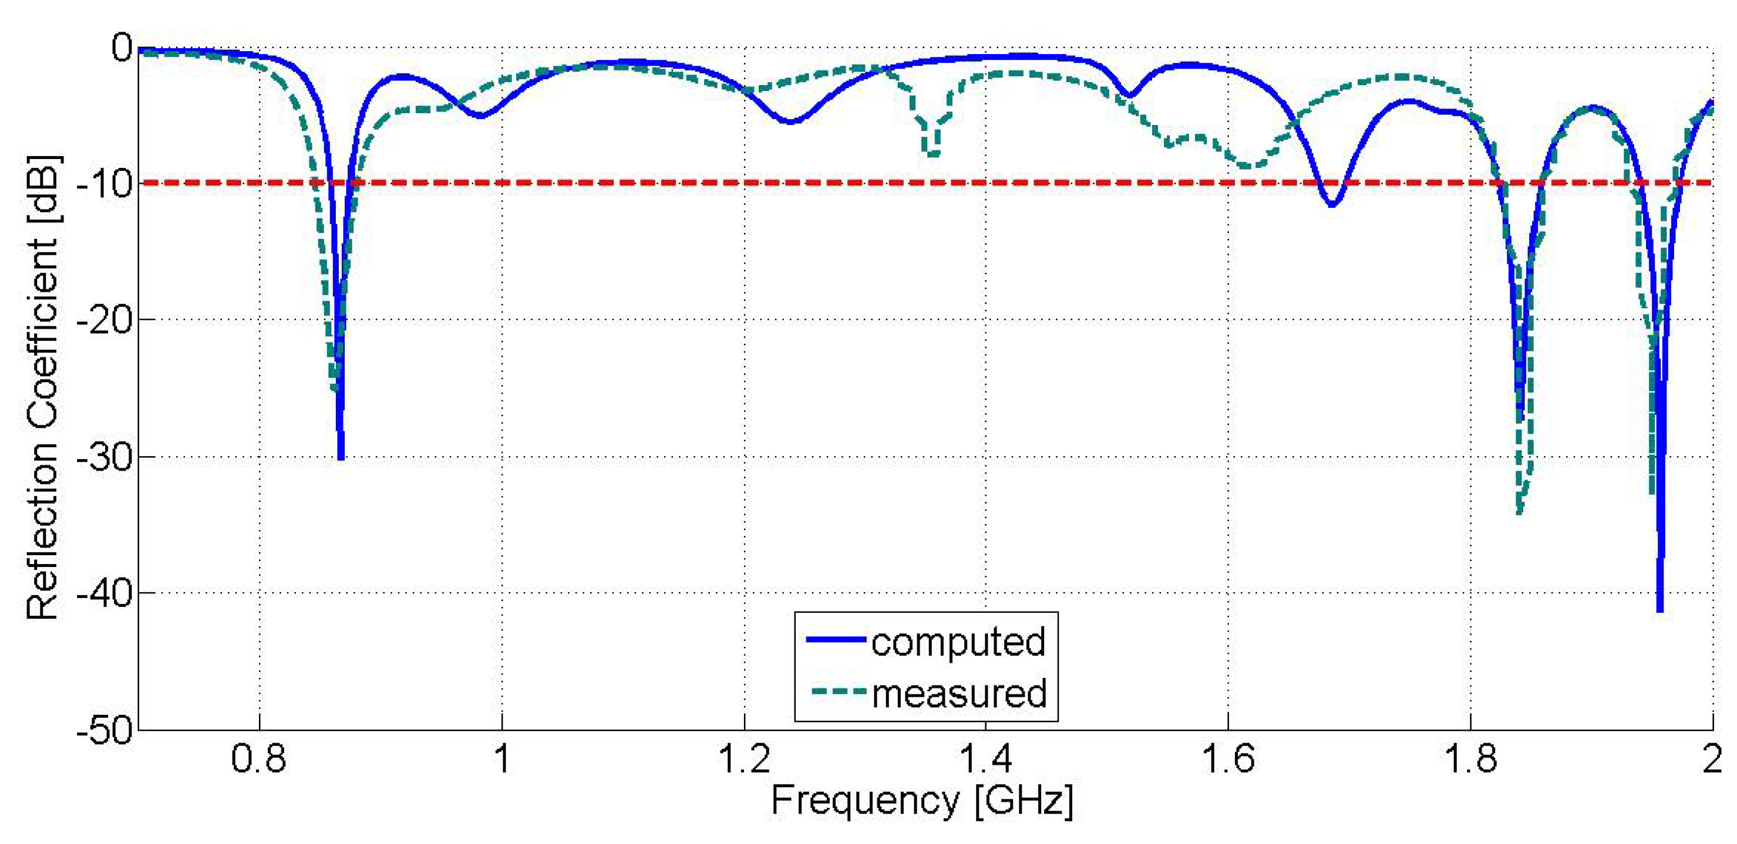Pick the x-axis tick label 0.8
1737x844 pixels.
pos(259,759)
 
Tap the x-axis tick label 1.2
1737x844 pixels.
pos(744,759)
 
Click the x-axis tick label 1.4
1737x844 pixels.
pos(985,759)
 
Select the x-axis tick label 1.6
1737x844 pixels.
pos(1228,759)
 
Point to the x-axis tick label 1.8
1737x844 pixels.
pos(1470,759)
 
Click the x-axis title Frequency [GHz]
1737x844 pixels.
pos(921,802)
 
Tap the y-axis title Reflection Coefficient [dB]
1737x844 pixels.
pos(42,387)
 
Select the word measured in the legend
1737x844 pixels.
pos(959,694)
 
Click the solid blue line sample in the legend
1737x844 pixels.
pos(836,639)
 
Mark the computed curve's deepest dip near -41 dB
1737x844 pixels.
pos(1660,609)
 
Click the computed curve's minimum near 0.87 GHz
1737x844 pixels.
pos(341,457)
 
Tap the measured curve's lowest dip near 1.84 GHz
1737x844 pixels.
pos(1519,512)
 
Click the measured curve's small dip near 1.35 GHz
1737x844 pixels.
pos(932,154)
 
